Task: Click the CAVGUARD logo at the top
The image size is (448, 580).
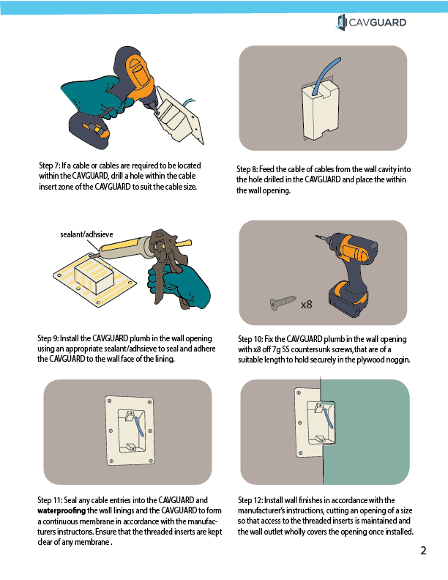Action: tap(371, 23)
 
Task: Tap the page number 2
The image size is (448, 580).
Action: tap(423, 551)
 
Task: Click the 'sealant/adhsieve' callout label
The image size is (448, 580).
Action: tap(86, 234)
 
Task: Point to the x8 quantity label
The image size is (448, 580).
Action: tap(307, 305)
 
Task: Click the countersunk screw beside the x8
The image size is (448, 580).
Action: tap(283, 302)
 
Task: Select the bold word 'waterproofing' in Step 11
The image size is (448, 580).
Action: tap(61, 511)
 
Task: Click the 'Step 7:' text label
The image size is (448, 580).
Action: tap(50, 166)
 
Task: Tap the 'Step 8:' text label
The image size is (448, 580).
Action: tap(247, 169)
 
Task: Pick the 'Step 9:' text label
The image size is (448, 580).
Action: tap(48, 338)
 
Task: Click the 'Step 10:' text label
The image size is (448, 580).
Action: tap(250, 339)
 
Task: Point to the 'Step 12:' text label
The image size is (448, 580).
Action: tap(250, 500)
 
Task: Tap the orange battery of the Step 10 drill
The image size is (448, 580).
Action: tap(348, 300)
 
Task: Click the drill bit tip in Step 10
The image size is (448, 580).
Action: tap(317, 236)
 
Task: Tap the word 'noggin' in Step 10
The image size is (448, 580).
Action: tap(397, 360)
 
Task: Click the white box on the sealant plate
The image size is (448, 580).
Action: tap(94, 276)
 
